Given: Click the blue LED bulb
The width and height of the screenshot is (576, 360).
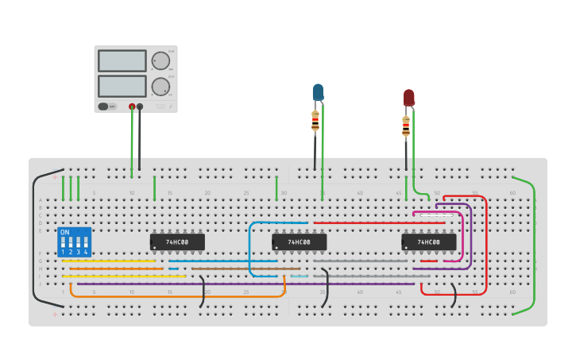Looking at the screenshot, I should [318, 92].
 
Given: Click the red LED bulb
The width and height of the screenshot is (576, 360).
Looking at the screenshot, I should [408, 97].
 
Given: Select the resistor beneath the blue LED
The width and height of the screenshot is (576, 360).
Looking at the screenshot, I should [315, 121].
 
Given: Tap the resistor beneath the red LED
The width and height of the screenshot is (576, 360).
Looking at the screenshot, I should [406, 126].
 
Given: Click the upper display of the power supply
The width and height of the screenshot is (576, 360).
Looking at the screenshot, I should [122, 60].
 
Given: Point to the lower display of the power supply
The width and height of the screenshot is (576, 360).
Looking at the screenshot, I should [122, 86].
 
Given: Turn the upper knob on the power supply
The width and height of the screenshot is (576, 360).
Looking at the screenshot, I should [160, 60].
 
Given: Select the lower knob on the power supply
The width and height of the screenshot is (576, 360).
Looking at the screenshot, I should [160, 86].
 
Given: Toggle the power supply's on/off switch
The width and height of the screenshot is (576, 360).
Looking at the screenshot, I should [104, 106].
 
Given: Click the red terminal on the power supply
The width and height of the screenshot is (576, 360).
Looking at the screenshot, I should [132, 106].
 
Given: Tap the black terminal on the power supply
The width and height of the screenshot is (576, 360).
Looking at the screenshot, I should [140, 106].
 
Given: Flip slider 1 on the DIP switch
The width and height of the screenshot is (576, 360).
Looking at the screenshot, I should [63, 242].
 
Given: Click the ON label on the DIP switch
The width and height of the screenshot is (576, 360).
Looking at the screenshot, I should [64, 232].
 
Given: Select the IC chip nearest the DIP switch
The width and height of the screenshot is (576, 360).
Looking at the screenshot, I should [177, 242].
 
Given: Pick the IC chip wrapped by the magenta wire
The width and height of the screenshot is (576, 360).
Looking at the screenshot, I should [429, 242].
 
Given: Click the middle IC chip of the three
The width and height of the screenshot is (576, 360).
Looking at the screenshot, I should [299, 242].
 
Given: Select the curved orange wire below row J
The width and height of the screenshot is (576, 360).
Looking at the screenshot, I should [175, 296].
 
